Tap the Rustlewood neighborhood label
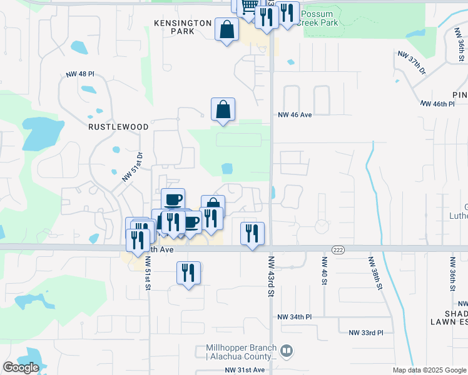(118, 127)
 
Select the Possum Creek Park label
(318, 18)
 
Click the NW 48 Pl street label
(79, 74)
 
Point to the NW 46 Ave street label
(295, 115)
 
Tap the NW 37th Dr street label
(411, 61)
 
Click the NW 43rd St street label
(272, 276)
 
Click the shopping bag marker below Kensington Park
(226, 29)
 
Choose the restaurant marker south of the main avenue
(188, 272)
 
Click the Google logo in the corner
(21, 368)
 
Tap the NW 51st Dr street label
(133, 167)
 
